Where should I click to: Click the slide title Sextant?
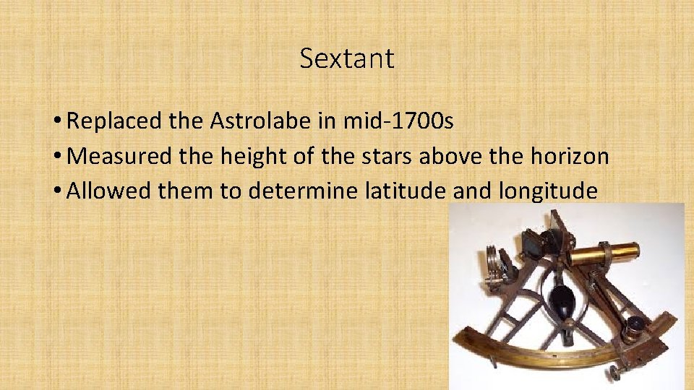click(x=347, y=58)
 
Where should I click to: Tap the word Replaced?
click(x=113, y=121)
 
